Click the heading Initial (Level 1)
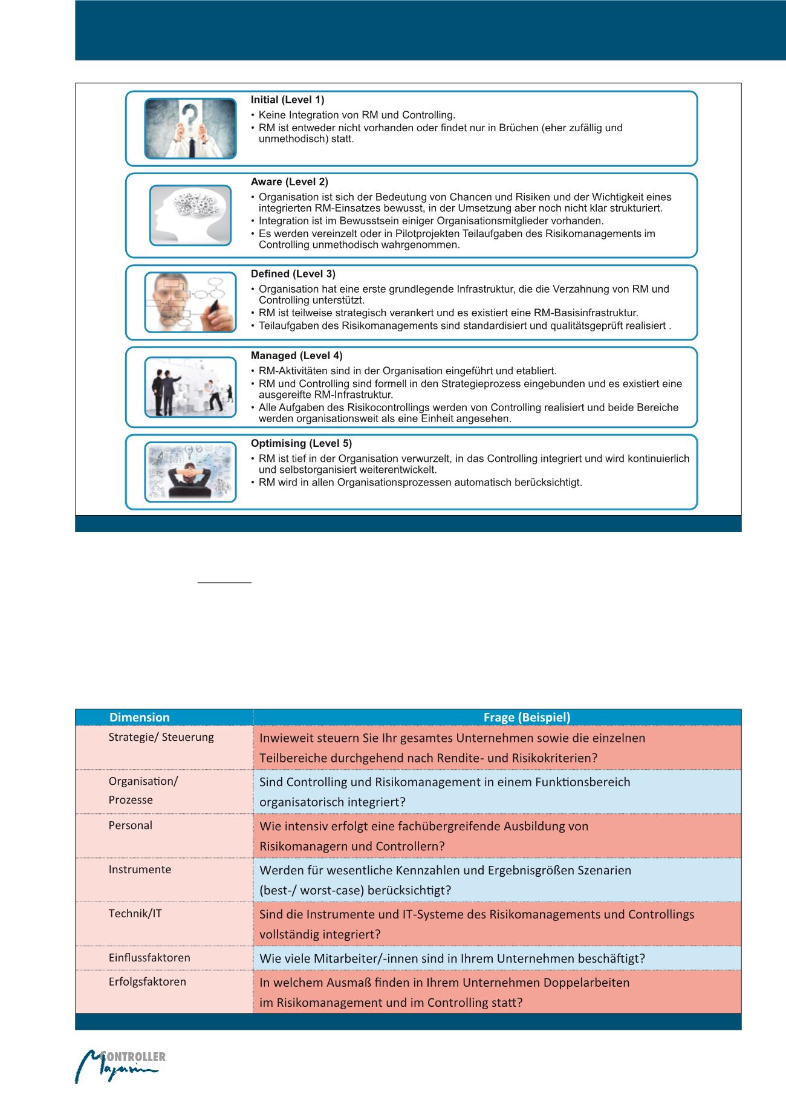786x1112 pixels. point(287,100)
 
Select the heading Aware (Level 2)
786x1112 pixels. point(290,182)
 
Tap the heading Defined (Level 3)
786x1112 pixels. point(293,274)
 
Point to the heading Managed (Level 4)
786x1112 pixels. point(296,356)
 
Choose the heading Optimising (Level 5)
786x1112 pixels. point(301,443)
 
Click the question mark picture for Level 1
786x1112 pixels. point(190,129)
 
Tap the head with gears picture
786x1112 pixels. point(190,215)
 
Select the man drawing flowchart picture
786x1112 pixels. point(190,302)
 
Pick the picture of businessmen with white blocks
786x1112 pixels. point(190,387)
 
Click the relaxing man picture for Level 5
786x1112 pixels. point(190,472)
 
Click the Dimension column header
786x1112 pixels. point(139,717)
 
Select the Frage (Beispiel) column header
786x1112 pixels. point(527,717)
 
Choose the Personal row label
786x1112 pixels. point(130,825)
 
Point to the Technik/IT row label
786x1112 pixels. point(135,913)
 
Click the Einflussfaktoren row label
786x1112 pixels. point(149,958)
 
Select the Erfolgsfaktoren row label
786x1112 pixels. point(147,981)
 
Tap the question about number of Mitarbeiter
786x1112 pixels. point(452,958)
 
